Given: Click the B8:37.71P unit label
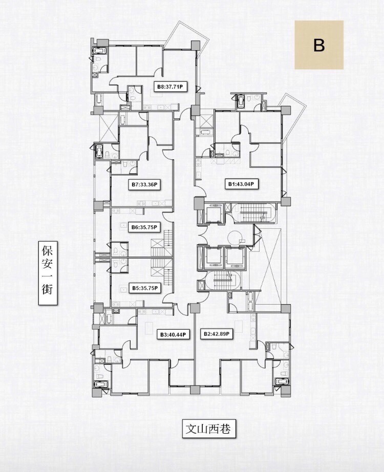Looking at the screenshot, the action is click(170, 87).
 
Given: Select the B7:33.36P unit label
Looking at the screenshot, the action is click(144, 184).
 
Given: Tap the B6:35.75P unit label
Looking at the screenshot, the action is click(144, 228).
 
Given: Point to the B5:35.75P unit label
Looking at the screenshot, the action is click(145, 288).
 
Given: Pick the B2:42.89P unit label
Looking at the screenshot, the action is click(217, 334).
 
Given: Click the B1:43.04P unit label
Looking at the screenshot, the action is click(242, 184).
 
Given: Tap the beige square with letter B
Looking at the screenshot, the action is click(319, 45).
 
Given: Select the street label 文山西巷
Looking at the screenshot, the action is click(208, 428).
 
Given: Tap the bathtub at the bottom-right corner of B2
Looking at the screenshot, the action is click(282, 382).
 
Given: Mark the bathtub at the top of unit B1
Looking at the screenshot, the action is click(241, 102).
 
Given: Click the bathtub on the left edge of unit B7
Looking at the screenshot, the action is click(99, 151).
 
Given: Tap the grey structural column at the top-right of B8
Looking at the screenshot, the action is click(195, 45).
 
